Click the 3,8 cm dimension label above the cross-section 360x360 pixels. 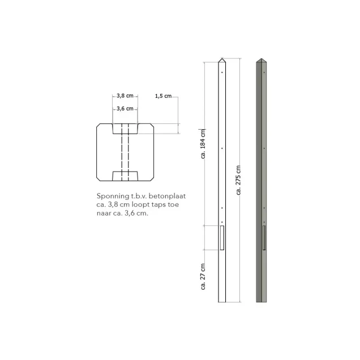point(125,96)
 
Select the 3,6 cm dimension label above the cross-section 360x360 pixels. point(125,108)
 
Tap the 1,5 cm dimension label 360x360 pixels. point(162,96)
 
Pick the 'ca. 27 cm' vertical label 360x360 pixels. point(203,276)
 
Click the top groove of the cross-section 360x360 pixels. point(125,128)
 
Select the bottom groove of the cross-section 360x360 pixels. point(125,174)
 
